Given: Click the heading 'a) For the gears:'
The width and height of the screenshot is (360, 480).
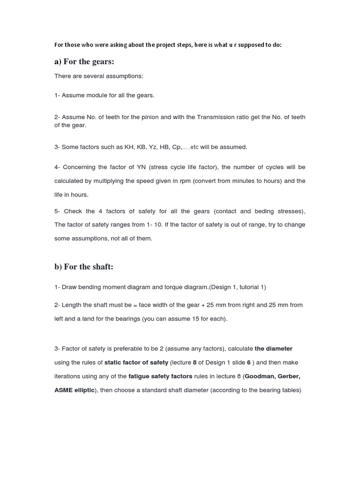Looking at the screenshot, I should [x=84, y=62].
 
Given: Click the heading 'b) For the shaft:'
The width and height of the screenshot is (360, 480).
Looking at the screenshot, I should [x=84, y=267].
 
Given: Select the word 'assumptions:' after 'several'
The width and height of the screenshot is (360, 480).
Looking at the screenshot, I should [x=127, y=76].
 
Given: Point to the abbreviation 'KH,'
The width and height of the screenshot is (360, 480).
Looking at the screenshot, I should [x=130, y=147].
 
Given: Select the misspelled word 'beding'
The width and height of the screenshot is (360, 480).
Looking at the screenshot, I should [x=264, y=211].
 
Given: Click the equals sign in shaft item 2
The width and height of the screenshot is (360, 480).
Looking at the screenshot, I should [x=135, y=305].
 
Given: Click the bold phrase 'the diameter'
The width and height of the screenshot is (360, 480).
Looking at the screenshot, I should [x=273, y=349].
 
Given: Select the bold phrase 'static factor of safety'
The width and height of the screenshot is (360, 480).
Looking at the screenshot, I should [x=136, y=362].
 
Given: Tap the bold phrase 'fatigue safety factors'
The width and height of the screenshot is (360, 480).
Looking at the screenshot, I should [x=160, y=376].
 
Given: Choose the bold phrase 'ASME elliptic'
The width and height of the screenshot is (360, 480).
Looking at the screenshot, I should [x=75, y=390].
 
